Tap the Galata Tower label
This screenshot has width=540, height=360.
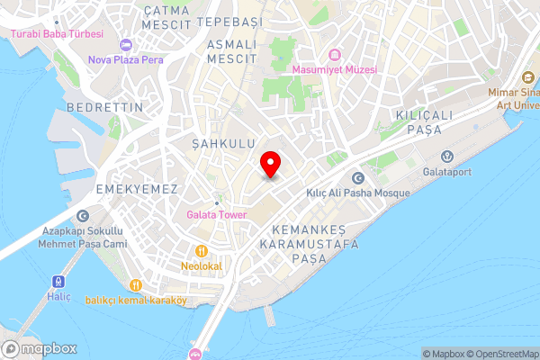coord(216,214)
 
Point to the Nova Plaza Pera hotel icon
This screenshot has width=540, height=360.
coord(125,45)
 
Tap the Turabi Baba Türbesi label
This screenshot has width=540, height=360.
coord(57,33)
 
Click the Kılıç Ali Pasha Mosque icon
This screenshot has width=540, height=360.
coord(358,178)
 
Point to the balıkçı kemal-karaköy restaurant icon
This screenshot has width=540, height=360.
coord(135,285)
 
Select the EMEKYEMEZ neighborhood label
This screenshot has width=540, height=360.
coord(136,189)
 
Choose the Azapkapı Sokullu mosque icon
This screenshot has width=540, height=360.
coord(84,216)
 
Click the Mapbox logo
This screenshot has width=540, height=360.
coord(40,349)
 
